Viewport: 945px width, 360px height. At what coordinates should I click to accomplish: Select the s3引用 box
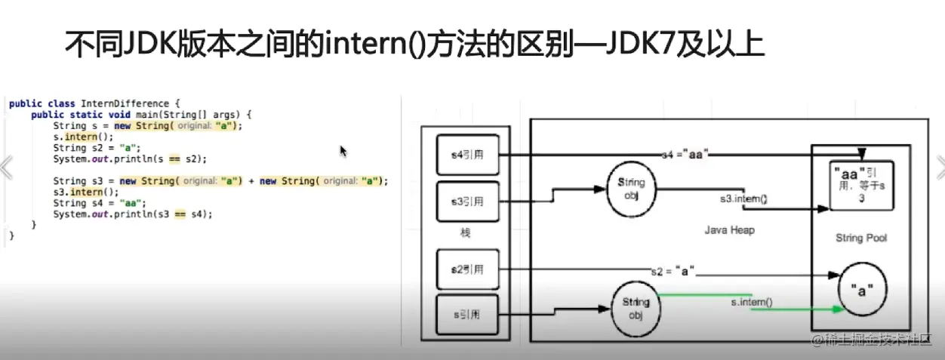pyautogui.click(x=467, y=202)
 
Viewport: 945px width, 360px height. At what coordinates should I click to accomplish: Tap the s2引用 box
pyautogui.click(x=467, y=269)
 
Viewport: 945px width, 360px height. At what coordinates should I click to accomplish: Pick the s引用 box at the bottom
pyautogui.click(x=467, y=315)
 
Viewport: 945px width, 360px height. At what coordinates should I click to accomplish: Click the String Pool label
pyautogui.click(x=860, y=238)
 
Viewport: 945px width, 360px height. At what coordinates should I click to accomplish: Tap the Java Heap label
pyautogui.click(x=730, y=229)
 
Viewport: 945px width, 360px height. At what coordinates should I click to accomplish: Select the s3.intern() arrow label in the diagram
pyautogui.click(x=742, y=199)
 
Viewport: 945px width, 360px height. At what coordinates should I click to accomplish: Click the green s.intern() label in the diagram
pyautogui.click(x=751, y=302)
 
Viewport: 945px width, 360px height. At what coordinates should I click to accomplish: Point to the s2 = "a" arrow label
pyautogui.click(x=673, y=269)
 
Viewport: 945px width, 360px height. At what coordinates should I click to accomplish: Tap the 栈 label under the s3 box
pyautogui.click(x=465, y=233)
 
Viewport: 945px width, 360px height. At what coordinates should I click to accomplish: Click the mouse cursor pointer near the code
pyautogui.click(x=343, y=151)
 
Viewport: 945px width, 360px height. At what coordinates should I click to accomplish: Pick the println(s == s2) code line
pyautogui.click(x=129, y=159)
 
